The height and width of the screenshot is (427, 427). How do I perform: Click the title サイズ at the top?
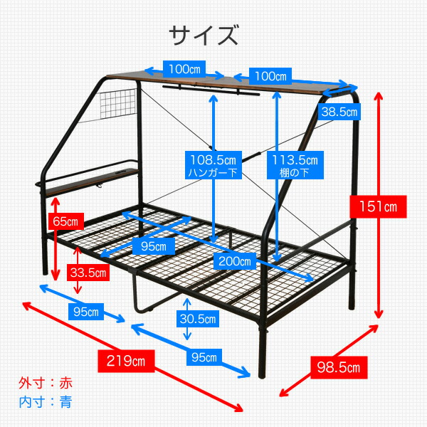point(204,35)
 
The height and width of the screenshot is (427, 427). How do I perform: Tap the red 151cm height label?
point(378,206)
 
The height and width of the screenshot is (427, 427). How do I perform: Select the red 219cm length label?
point(126,361)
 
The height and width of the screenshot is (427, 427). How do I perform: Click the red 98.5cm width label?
point(339,368)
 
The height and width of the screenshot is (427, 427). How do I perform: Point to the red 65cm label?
point(66,221)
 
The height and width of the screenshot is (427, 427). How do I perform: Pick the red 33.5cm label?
point(88,273)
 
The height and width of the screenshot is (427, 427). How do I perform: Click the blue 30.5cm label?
point(198,319)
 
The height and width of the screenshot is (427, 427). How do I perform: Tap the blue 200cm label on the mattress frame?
point(235,261)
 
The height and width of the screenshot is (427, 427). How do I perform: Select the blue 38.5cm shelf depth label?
point(339,112)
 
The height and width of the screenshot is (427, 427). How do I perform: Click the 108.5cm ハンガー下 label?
point(213,165)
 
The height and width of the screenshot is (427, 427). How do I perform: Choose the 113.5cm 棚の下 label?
point(295,165)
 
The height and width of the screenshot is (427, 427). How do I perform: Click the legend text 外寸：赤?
point(46,383)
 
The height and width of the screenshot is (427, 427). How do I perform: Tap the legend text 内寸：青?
point(46,402)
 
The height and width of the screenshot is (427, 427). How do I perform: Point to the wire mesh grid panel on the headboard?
point(118,103)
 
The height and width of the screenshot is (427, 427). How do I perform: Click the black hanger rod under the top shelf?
point(211,90)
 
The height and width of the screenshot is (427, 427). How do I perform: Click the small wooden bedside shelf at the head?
point(91,182)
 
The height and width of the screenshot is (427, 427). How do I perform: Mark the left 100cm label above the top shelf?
point(184,69)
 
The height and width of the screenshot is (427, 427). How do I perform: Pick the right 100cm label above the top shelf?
point(270,76)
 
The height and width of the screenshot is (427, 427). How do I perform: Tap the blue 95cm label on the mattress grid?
point(154,246)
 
